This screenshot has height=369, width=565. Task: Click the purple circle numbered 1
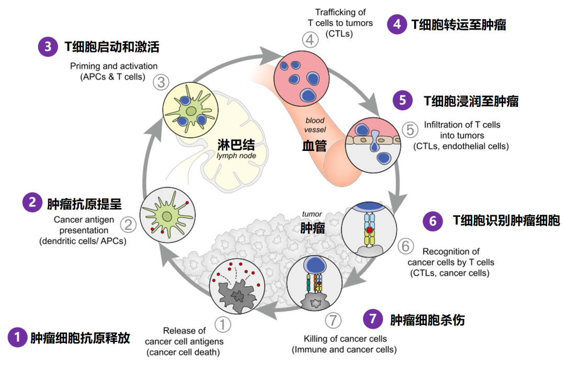coord(17,338)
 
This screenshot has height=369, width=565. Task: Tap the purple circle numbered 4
coord(397,24)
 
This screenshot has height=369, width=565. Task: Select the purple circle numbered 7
coord(372,318)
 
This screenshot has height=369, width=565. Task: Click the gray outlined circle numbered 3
coord(161,82)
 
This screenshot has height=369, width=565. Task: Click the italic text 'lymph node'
coord(232,156)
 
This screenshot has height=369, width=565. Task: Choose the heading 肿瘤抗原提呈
coord(84,203)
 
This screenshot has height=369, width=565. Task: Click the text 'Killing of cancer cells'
coord(345,339)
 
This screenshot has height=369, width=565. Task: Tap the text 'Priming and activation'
coord(113,67)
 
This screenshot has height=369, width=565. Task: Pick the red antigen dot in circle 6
coord(370,230)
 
